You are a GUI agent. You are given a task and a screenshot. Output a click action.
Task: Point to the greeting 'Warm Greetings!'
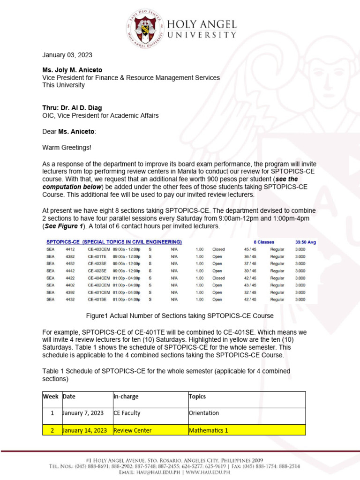67,148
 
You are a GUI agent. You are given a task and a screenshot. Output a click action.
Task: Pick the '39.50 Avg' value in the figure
306,242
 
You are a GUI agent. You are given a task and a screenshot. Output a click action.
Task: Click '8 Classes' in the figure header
264,242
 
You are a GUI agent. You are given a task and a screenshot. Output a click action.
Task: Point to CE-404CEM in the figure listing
98,278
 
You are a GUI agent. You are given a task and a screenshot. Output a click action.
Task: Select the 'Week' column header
51,396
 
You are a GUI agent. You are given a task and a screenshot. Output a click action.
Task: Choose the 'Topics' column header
197,396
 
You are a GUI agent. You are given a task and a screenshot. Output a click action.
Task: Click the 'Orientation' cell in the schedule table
203,413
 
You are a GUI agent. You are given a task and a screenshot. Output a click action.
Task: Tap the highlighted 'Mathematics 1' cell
208,430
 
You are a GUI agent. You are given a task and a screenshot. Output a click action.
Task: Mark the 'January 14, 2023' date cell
85,430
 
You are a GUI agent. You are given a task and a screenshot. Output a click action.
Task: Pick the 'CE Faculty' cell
127,413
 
